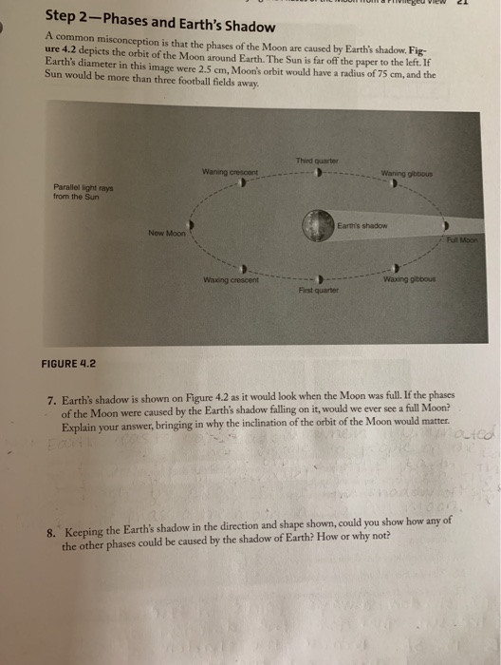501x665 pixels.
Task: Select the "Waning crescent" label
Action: coord(228,171)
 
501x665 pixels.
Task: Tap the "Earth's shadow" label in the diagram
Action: coord(361,224)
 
